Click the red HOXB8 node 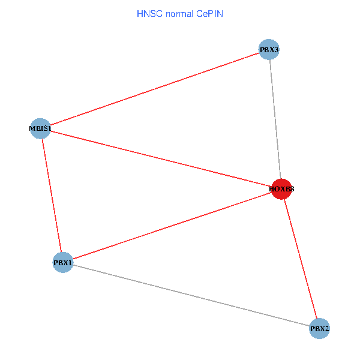[x=281, y=189]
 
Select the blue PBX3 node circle [x=269, y=50]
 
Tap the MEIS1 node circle [x=40, y=128]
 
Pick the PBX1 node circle [x=63, y=262]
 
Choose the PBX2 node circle [x=320, y=328]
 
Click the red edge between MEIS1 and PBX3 [x=155, y=89]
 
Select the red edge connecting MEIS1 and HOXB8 [x=161, y=158]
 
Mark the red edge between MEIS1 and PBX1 [x=52, y=195]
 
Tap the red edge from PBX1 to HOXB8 [x=172, y=226]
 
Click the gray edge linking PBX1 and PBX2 [x=191, y=295]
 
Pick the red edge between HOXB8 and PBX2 [x=301, y=259]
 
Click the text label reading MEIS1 [x=40, y=128]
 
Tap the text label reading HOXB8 [x=281, y=190]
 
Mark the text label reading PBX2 [x=320, y=329]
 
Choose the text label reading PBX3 [x=269, y=50]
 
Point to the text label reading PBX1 [x=63, y=263]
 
